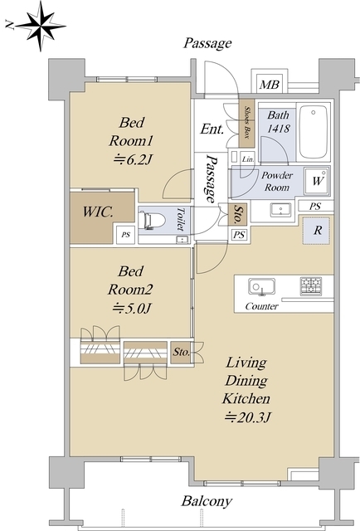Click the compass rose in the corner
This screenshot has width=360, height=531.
pos(41,26)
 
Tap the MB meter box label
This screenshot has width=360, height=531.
pos(270,85)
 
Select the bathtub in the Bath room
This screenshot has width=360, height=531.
pos(314,132)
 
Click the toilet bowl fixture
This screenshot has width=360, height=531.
pos(151,221)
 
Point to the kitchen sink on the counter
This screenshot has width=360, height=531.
pos(261,287)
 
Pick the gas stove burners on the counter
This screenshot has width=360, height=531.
pos(311,285)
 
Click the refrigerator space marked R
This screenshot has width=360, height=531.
pos(316,231)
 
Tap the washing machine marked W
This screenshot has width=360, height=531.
pos(317,181)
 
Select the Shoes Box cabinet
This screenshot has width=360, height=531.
pos(246,123)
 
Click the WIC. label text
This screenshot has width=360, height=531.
pos(98,212)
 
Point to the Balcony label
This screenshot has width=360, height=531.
pos(207,501)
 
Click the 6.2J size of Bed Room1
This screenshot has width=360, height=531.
pos(132,158)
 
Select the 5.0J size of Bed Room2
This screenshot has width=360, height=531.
pos(131,308)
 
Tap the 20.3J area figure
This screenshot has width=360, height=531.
pos(247,417)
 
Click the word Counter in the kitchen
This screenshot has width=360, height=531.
pos(261,306)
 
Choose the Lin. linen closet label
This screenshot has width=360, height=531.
pos(248,158)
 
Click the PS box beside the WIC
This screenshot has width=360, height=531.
pos(125,234)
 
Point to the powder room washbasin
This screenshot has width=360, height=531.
pos(280,210)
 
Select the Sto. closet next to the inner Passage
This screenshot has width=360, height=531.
pos(238,215)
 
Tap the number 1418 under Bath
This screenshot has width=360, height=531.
pos(279,129)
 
